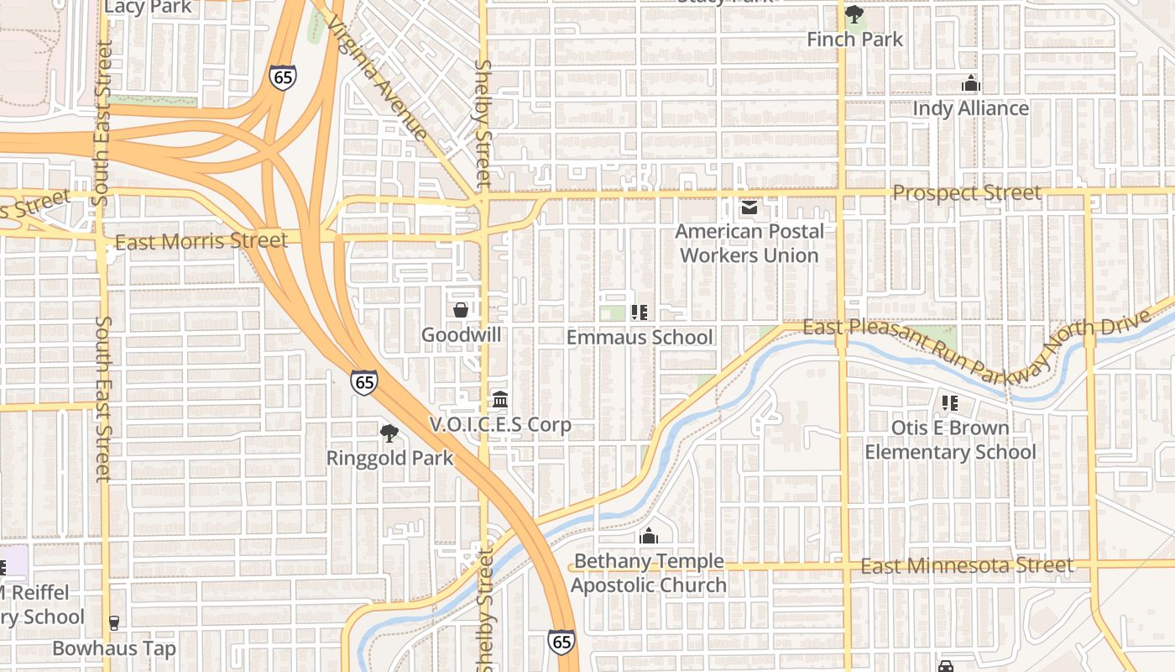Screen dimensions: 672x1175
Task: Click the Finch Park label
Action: tap(854, 39)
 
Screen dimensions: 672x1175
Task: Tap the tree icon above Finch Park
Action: tap(854, 14)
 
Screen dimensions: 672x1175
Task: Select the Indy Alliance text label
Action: tap(970, 108)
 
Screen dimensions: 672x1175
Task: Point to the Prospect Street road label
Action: tap(966, 193)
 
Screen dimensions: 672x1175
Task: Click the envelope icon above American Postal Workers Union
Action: tap(749, 207)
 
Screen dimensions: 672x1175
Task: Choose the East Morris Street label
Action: tap(201, 242)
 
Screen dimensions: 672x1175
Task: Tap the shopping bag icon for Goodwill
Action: tap(461, 310)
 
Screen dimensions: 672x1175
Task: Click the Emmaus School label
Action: tap(640, 338)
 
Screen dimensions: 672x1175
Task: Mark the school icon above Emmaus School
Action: tap(640, 312)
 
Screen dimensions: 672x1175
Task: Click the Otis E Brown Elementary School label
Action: tap(950, 440)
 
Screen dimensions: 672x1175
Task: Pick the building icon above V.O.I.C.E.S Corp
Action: tap(500, 399)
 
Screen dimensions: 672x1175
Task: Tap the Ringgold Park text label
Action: tap(389, 459)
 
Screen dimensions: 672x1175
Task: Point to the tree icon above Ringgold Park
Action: tap(389, 433)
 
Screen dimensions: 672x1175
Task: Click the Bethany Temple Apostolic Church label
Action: tap(649, 573)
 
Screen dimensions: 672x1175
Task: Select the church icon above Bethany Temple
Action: tap(649, 536)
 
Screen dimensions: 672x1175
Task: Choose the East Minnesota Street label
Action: tap(966, 566)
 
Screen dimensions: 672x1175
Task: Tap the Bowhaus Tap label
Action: tap(114, 648)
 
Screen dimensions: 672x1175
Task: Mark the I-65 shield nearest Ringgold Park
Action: tap(364, 381)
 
